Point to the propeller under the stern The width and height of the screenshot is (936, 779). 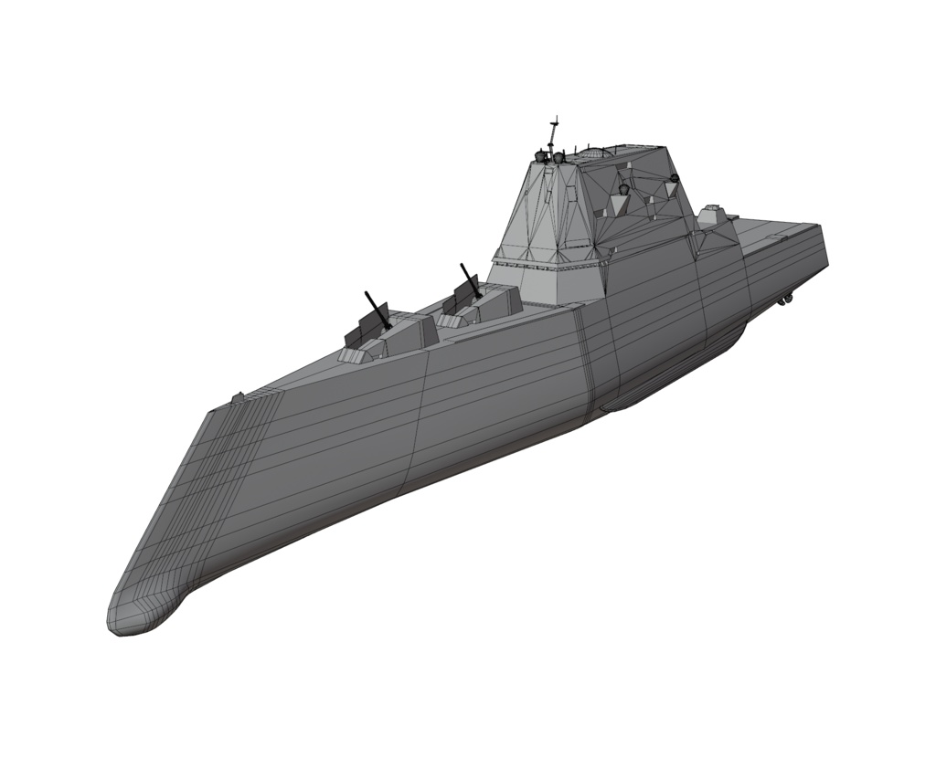pyautogui.click(x=785, y=299)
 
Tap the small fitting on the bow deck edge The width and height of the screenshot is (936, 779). pyautogui.click(x=238, y=397)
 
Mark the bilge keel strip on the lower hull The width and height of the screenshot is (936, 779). pyautogui.click(x=640, y=397)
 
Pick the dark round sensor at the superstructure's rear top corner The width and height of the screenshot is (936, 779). pyautogui.click(x=675, y=177)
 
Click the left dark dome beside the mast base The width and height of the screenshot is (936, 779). pyautogui.click(x=540, y=157)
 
